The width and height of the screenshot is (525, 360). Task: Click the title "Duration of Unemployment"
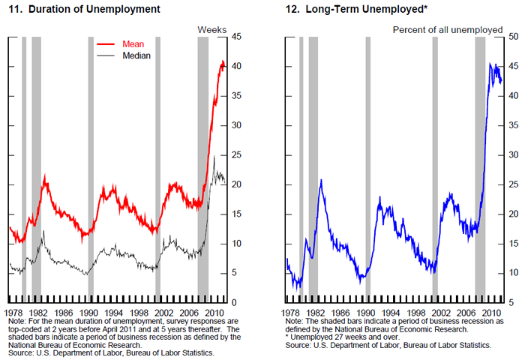94,10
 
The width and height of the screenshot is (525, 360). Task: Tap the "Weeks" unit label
211,28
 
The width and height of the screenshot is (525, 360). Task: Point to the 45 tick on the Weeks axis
237,37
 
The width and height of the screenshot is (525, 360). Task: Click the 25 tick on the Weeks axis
237,155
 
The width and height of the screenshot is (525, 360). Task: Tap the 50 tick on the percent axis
514,37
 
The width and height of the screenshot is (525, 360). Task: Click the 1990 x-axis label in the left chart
89,312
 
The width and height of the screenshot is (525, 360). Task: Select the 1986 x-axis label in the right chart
341,312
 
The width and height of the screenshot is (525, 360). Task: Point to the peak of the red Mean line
222,61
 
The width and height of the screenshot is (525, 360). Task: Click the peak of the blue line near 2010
490,64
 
